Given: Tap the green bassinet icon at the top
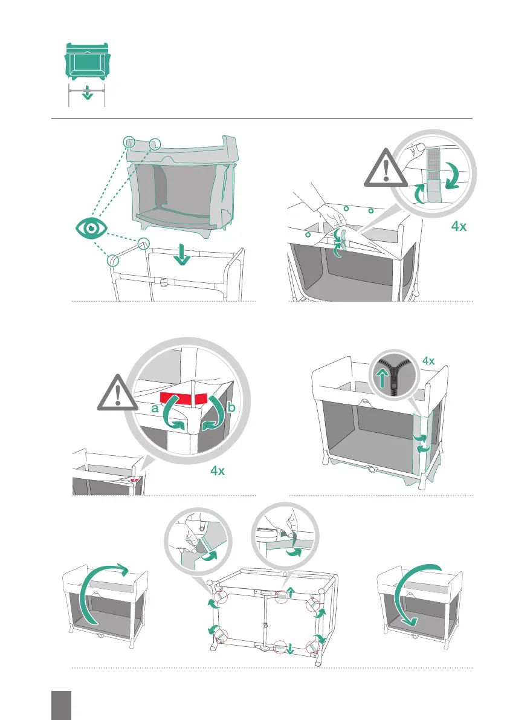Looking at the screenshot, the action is tap(87, 60).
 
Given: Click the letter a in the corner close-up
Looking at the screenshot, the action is tap(155, 409).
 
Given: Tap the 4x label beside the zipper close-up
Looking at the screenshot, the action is tap(428, 361).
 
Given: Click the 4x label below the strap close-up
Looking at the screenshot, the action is tap(459, 228).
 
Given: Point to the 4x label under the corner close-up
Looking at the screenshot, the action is tap(219, 470).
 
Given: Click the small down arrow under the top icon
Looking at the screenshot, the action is tap(88, 94).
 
